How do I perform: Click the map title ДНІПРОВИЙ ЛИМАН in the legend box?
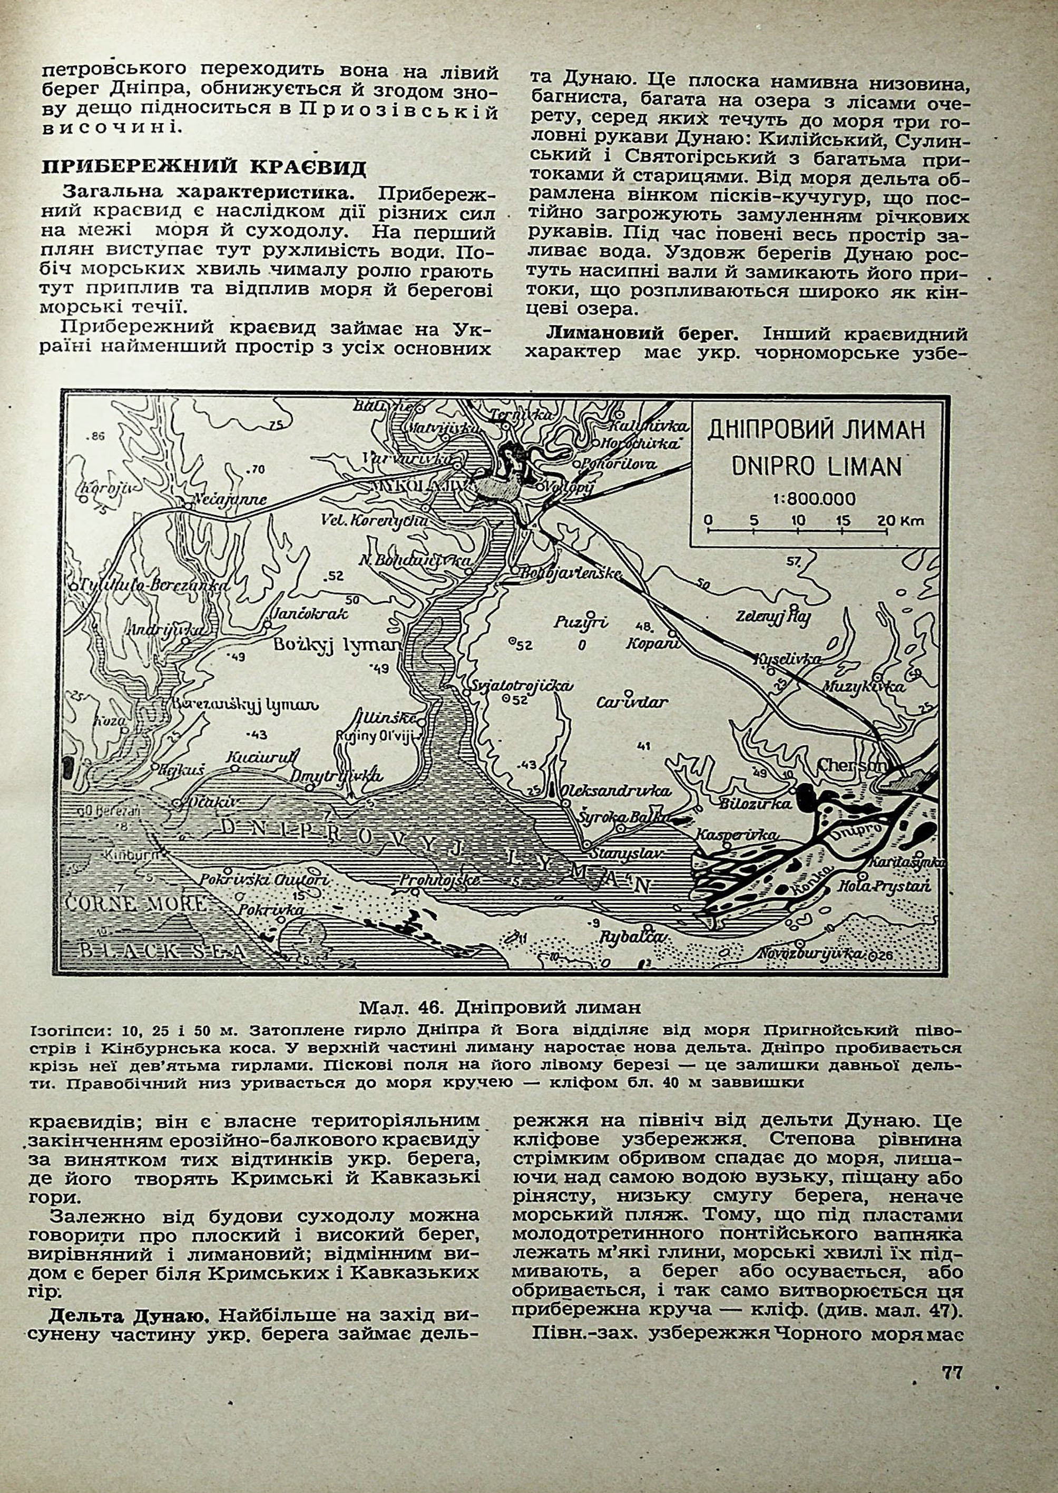[816, 430]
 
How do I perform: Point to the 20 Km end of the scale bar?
[900, 521]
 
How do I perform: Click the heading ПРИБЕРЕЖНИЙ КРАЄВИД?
[204, 167]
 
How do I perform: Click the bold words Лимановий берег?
[642, 334]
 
